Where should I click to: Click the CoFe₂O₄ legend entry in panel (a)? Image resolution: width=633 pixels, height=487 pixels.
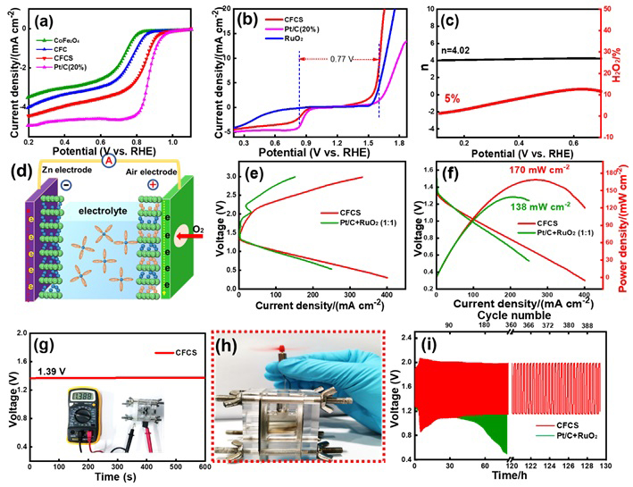62,39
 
